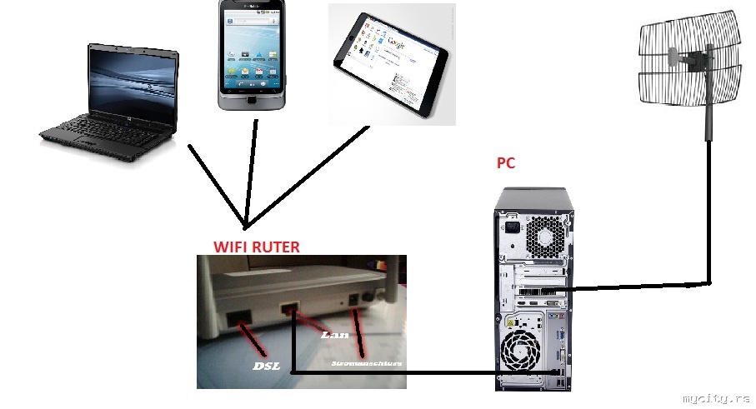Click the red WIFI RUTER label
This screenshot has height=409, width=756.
pyautogui.click(x=256, y=247)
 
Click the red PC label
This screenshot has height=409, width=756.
pyautogui.click(x=505, y=163)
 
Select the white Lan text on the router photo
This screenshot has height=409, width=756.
pyautogui.click(x=333, y=335)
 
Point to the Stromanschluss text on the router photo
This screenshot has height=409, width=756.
pyautogui.click(x=367, y=364)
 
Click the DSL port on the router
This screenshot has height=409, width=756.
pyautogui.click(x=238, y=317)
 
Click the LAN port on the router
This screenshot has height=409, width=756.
pyautogui.click(x=289, y=311)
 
